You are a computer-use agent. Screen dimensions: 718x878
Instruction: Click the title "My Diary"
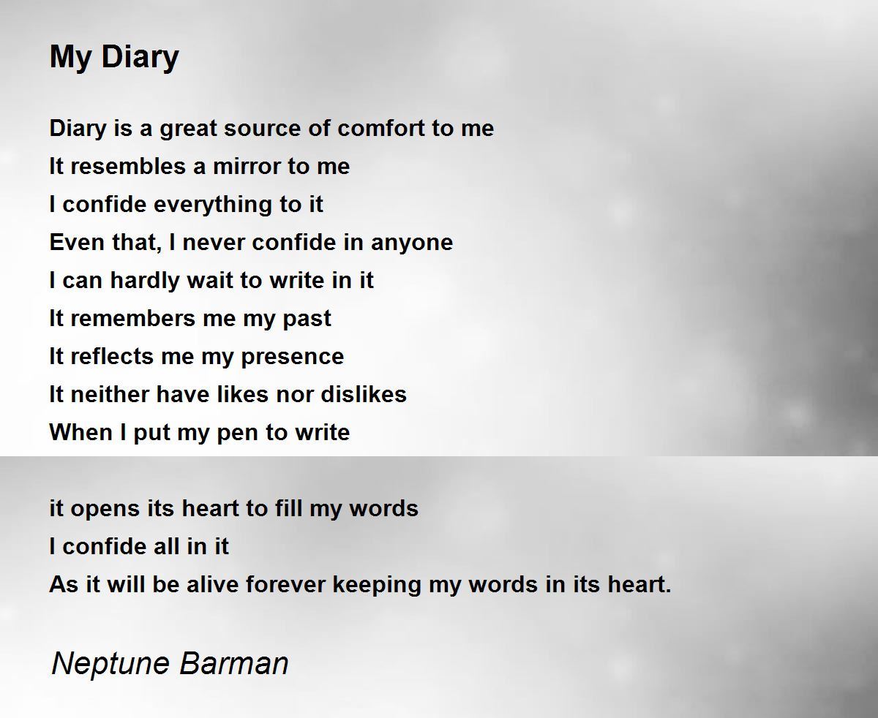tap(114, 57)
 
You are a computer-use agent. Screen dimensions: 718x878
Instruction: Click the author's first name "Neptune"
tap(110, 664)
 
